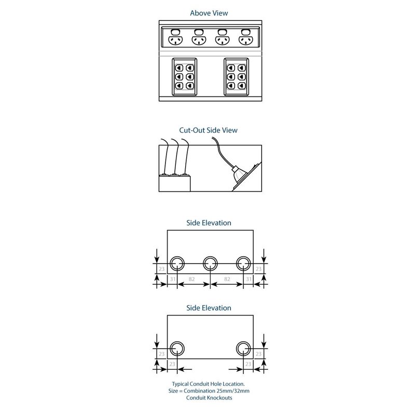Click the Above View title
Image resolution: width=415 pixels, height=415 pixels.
point(209,13)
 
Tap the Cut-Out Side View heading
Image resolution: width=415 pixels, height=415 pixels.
point(208,130)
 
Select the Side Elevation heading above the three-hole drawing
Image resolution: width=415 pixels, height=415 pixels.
point(209,223)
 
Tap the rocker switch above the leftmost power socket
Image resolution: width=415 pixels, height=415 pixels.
point(175,32)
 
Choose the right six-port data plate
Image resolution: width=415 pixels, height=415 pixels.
point(237,77)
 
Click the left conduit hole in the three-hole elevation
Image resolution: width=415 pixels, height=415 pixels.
point(177,263)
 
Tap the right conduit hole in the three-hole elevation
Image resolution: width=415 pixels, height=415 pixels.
point(243,263)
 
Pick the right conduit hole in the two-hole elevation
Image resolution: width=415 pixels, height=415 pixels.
point(243,349)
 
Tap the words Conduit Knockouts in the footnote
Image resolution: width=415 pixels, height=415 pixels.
point(209,397)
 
